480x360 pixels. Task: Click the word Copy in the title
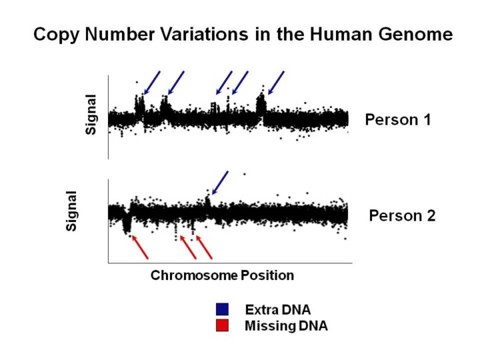click(x=55, y=34)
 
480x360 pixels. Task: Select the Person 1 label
click(x=398, y=120)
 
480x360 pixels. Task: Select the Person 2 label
click(x=402, y=216)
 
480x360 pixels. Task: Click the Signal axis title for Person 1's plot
click(x=91, y=114)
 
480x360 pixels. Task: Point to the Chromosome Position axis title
click(x=222, y=275)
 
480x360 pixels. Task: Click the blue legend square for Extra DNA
click(x=223, y=309)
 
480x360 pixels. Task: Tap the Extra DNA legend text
click(x=278, y=309)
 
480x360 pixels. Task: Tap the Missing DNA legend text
click(x=286, y=326)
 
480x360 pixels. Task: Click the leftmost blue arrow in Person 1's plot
click(x=152, y=83)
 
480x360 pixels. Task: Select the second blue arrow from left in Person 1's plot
click(x=176, y=83)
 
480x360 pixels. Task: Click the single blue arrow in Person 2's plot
click(x=219, y=183)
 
